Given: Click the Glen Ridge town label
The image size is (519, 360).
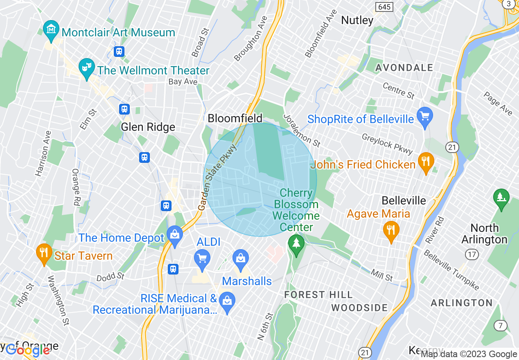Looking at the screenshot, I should [148, 127].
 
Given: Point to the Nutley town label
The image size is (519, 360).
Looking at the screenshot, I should [357, 20].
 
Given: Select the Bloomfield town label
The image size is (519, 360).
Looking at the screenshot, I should [235, 119].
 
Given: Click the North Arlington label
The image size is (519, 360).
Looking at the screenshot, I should [484, 234].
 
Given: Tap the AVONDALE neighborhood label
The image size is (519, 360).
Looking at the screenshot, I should [404, 67].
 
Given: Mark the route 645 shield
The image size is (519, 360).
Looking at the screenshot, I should [384, 7].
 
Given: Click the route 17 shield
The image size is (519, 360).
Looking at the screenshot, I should [472, 254].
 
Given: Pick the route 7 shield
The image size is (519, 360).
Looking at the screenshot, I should [500, 326].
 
